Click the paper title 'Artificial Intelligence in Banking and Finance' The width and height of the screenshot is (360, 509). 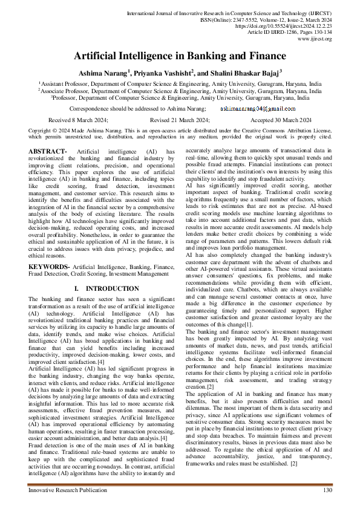180,56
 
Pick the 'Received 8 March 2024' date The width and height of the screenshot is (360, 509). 78,120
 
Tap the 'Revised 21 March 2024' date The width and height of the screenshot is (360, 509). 180,120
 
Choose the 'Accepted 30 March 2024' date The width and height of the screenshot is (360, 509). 281,120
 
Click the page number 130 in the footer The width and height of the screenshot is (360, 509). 327,490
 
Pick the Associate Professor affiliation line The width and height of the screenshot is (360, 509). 180,91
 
